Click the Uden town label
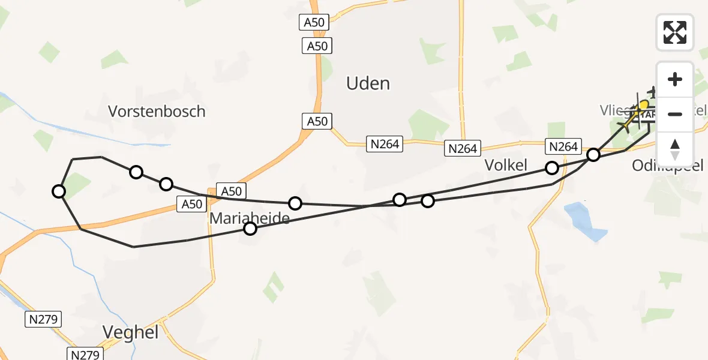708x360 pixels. pos(368,83)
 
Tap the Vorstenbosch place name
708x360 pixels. pos(157,111)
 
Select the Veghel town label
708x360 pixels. pos(130,332)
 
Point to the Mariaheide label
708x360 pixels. pos(249,218)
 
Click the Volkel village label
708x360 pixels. pos(506,166)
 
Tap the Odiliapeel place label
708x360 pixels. pos(667,166)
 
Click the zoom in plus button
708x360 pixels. pos(675,79)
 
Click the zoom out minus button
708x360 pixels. pos(675,114)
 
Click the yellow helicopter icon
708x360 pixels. pos(641,109)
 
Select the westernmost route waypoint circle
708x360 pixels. pos(59,191)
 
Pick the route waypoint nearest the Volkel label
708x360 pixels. pos(551,168)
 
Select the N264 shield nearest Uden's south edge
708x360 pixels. pos(385,144)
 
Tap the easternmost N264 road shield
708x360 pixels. pos(563,146)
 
